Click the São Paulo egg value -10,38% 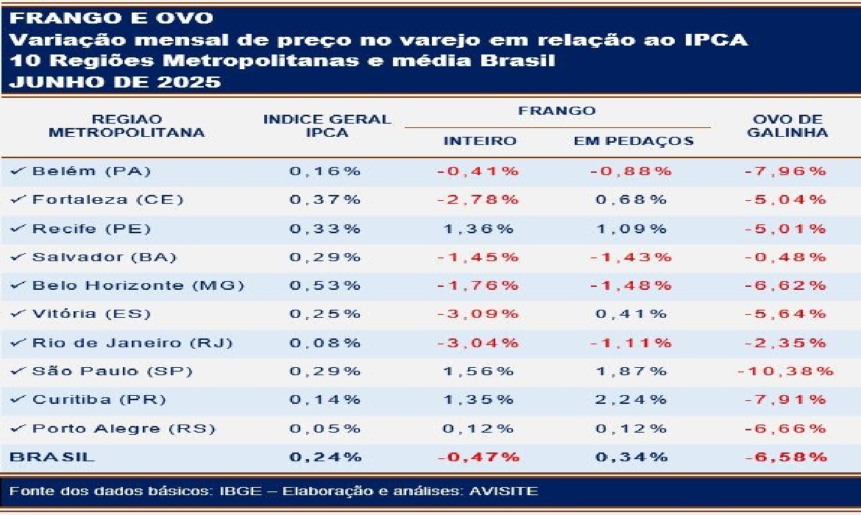point(786,372)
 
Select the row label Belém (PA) point(91,171)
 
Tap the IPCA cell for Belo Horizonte point(325,285)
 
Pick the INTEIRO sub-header point(480,141)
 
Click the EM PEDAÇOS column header point(634,141)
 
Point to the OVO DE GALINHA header point(787,126)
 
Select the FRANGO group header point(556,111)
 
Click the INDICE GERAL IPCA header point(327,126)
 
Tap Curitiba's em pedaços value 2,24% point(633,399)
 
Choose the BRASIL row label point(52,457)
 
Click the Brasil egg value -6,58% point(786,457)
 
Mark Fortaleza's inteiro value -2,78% point(478,199)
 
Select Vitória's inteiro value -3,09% point(478,314)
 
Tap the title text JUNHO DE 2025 point(115,82)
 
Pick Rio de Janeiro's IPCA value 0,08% point(325,343)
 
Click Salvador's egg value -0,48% point(786,257)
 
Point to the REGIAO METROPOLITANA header point(126,126)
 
